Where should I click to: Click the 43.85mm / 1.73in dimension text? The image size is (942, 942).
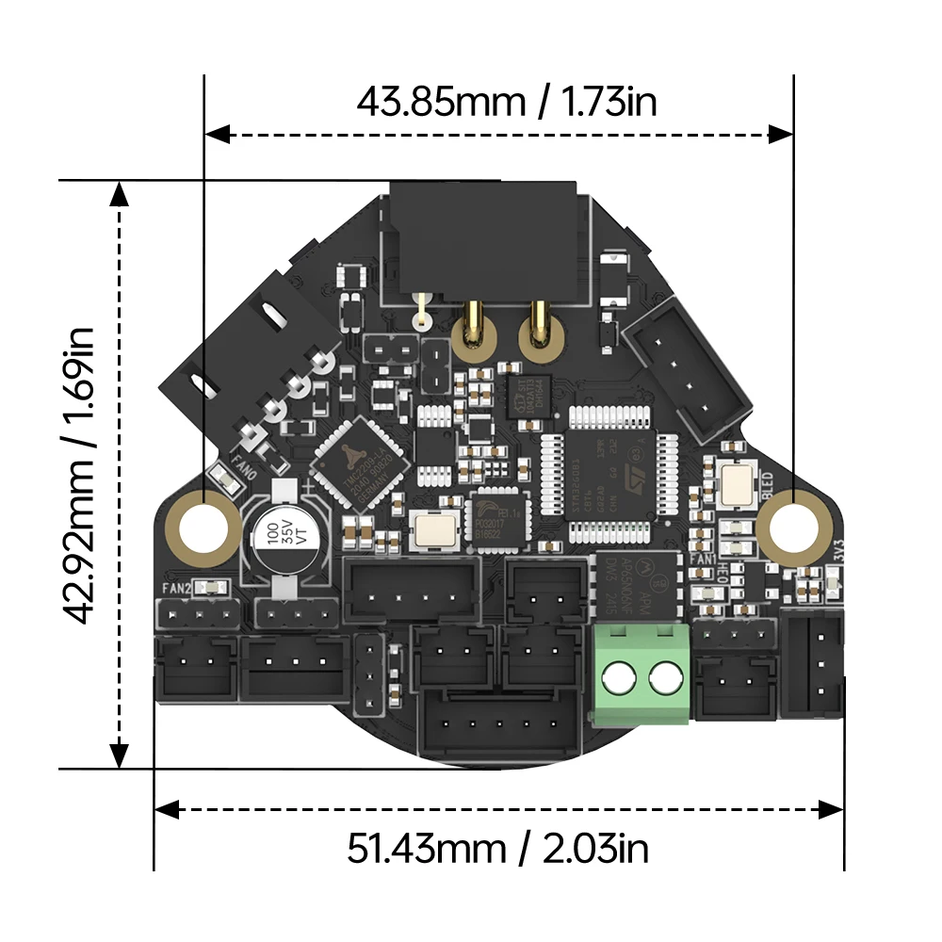click(x=506, y=101)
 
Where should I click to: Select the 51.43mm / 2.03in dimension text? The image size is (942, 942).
click(x=498, y=849)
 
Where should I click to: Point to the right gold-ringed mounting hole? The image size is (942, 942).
click(x=793, y=524)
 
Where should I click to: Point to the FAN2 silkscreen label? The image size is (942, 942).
click(x=177, y=589)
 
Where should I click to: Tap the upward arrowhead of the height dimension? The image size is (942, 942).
click(x=119, y=193)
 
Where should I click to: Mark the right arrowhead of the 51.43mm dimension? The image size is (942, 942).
click(x=831, y=809)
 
